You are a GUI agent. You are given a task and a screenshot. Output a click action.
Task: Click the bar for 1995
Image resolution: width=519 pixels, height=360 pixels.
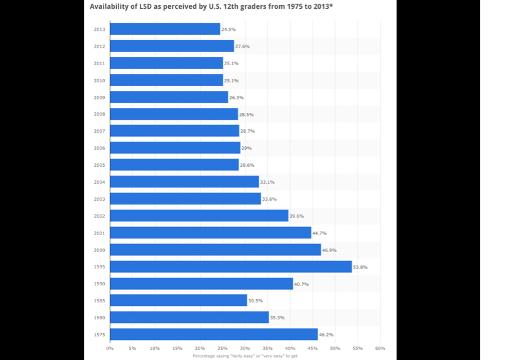point(230,267)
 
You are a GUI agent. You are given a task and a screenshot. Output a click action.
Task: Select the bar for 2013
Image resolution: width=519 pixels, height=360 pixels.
point(165,29)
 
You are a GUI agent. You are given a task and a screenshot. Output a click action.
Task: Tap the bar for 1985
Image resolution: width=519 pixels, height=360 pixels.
point(178,300)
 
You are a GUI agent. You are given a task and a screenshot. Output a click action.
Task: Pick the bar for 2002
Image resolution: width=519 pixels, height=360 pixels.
point(199,216)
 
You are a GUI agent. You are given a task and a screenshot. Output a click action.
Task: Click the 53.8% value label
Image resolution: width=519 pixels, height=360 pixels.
point(360,267)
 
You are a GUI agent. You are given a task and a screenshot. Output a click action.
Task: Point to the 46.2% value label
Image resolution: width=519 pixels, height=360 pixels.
point(326,335)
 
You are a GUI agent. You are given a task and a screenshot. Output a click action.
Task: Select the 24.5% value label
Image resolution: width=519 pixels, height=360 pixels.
point(228,29)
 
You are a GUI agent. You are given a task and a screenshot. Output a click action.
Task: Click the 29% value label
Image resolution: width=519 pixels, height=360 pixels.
point(247,148)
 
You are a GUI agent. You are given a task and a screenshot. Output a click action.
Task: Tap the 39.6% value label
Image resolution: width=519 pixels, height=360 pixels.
point(296,216)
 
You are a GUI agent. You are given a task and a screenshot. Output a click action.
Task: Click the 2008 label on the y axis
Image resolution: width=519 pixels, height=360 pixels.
point(99,114)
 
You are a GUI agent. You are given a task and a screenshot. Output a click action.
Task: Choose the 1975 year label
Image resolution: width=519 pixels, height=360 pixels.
point(99,334)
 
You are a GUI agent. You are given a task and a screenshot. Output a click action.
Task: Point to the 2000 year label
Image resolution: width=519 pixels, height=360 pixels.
point(99,250)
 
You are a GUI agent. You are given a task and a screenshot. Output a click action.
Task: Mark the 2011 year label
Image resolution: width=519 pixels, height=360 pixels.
point(99,63)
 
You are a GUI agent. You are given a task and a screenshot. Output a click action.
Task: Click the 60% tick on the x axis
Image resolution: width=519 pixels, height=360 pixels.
point(380,348)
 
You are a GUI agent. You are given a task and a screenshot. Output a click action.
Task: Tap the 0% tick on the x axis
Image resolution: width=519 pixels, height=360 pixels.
point(110,348)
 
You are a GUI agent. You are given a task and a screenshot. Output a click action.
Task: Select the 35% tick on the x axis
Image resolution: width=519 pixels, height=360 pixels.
point(267,348)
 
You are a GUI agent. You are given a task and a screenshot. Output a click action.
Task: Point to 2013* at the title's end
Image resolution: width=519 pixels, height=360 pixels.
point(320,6)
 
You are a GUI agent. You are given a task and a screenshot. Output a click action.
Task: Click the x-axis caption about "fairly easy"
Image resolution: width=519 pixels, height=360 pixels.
point(245,356)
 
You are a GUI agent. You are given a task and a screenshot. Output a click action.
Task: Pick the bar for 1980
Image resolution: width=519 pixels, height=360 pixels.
point(189,317)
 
